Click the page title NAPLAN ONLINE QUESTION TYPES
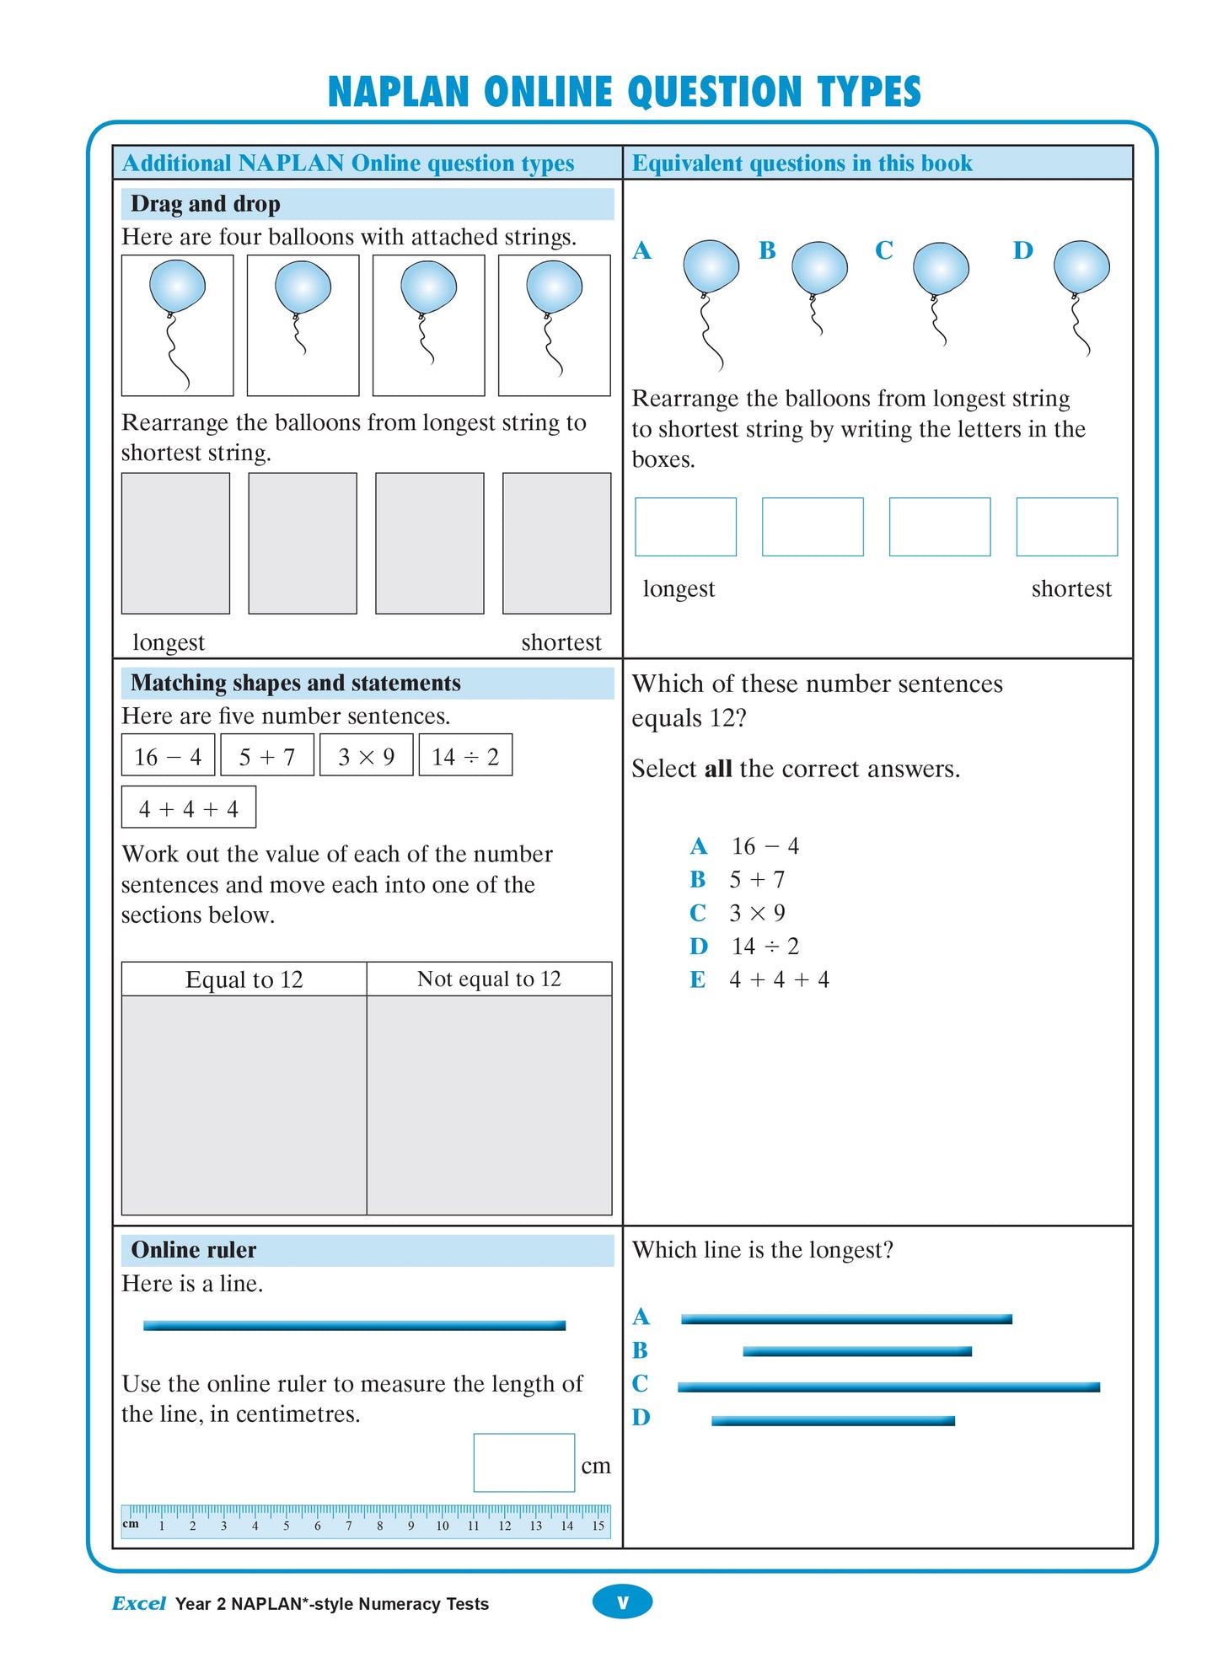[624, 92]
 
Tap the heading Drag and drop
[205, 204]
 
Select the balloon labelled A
[711, 267]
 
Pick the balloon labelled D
[1081, 267]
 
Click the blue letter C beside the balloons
[883, 250]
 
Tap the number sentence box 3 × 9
[366, 756]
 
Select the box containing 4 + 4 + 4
[189, 808]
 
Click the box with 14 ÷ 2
[465, 756]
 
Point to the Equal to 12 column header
[244, 979]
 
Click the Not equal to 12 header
[489, 979]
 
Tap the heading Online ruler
[193, 1250]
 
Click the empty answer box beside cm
[523, 1462]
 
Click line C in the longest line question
[888, 1387]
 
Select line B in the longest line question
[856, 1351]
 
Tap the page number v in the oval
[622, 1602]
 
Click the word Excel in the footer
[139, 1603]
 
